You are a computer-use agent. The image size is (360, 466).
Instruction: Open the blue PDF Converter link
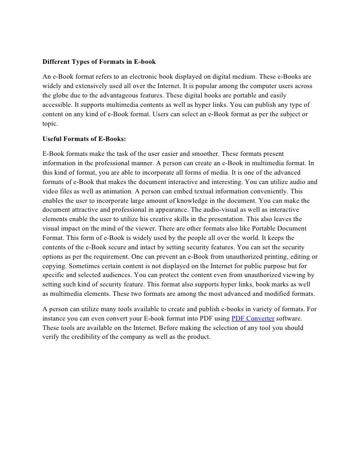(253, 318)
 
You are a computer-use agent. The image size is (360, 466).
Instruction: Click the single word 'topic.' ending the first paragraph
(50, 124)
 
